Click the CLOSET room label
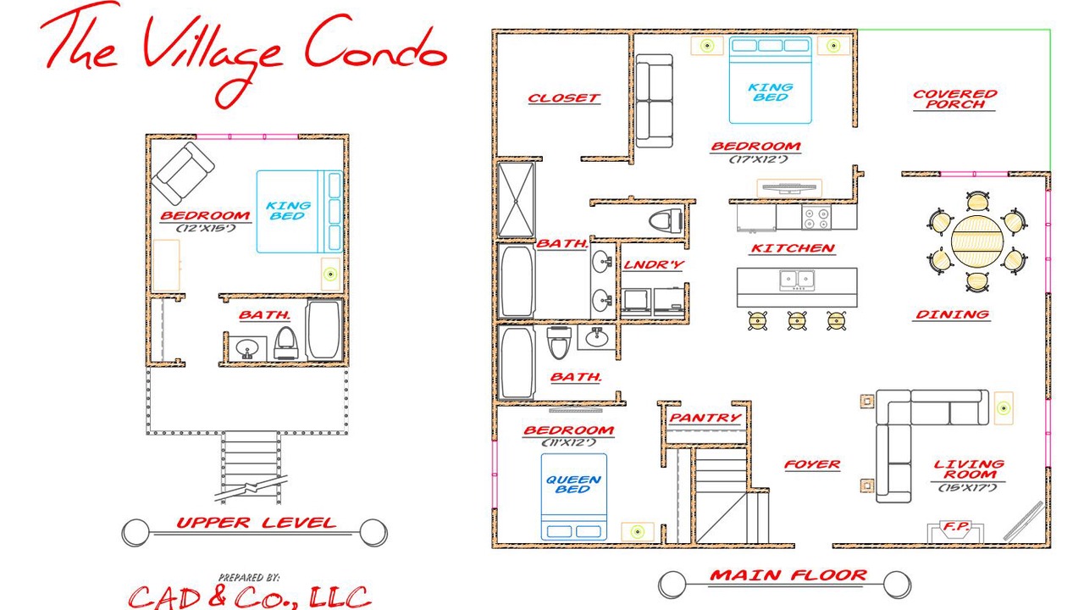pos(564,97)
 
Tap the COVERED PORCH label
pos(954,99)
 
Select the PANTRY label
pos(705,418)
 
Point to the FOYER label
pos(812,465)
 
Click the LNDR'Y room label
pos(653,265)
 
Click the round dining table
pos(976,241)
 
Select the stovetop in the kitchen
pos(816,217)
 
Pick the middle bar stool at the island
pos(797,320)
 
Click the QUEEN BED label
pos(573,484)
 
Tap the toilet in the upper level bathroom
pos(285,344)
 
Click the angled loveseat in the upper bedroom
pos(183,174)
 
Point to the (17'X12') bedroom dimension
pos(758,158)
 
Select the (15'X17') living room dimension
pos(968,487)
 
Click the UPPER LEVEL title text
pos(256,523)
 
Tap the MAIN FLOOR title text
pos(788,575)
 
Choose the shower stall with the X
pos(516,199)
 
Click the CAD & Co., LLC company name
pos(250,597)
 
